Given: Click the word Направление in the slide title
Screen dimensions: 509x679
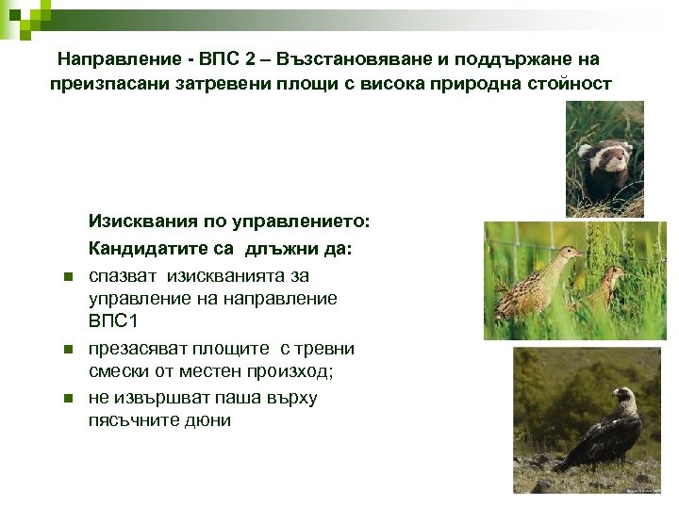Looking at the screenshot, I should point(119,59).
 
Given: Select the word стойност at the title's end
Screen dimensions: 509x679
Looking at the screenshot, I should point(565,84).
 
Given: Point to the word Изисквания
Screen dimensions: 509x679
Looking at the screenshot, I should point(142,222).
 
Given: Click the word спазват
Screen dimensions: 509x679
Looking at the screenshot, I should point(124,275).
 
